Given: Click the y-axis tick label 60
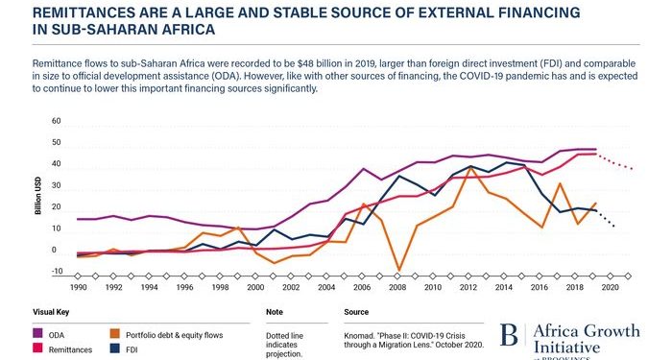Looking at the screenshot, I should coord(56,122).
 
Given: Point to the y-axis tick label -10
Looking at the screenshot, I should coord(55,273).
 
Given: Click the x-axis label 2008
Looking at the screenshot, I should coord(397,287).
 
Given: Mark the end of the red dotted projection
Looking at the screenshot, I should coord(632,169).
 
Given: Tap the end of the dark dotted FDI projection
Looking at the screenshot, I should coord(613,227).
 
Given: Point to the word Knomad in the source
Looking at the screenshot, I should coord(361,333).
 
